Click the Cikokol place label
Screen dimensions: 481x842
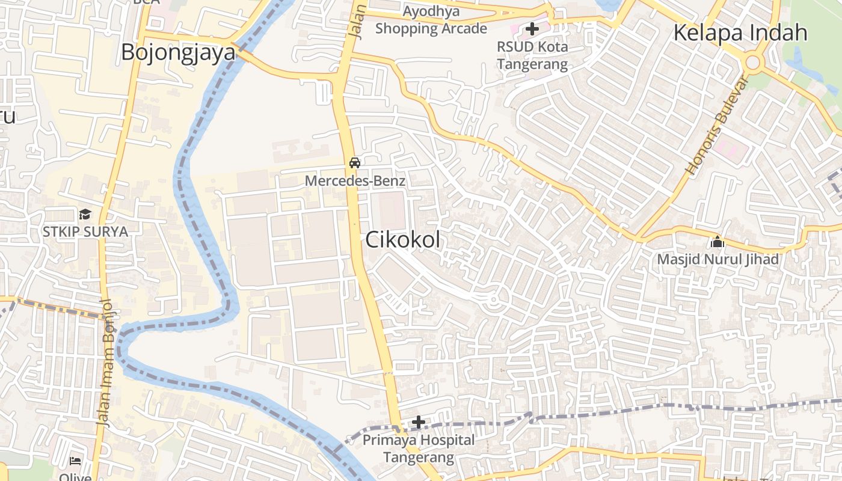tap(403, 240)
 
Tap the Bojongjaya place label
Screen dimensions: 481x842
tap(178, 52)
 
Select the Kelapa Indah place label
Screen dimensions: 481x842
tap(740, 32)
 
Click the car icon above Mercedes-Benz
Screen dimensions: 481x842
tap(355, 162)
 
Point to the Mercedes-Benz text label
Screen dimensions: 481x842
tap(355, 180)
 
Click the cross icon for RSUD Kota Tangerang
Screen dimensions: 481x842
tap(532, 28)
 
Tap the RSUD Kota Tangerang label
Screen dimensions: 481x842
tap(532, 55)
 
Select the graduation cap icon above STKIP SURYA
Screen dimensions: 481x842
tap(85, 214)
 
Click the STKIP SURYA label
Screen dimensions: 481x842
tap(85, 231)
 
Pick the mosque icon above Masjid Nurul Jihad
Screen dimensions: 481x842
tap(717, 242)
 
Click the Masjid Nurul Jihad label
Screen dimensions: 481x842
tap(718, 259)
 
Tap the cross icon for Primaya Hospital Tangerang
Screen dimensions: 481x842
tap(419, 422)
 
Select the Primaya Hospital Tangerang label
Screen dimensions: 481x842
tap(419, 449)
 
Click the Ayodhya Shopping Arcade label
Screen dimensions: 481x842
tap(431, 20)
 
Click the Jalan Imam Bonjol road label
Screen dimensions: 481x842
tap(106, 363)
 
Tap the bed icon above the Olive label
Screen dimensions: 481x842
tap(75, 461)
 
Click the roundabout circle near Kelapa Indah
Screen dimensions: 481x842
tap(752, 62)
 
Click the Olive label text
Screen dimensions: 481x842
tap(76, 477)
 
